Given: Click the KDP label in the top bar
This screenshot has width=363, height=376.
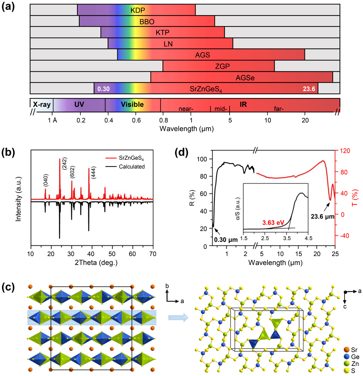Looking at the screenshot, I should click(138, 10).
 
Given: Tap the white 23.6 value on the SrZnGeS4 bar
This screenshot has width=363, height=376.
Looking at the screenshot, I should click(309, 89).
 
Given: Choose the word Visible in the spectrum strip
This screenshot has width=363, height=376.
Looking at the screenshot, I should click(132, 105).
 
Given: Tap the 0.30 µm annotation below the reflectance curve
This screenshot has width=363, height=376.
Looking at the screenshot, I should click(226, 240).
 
